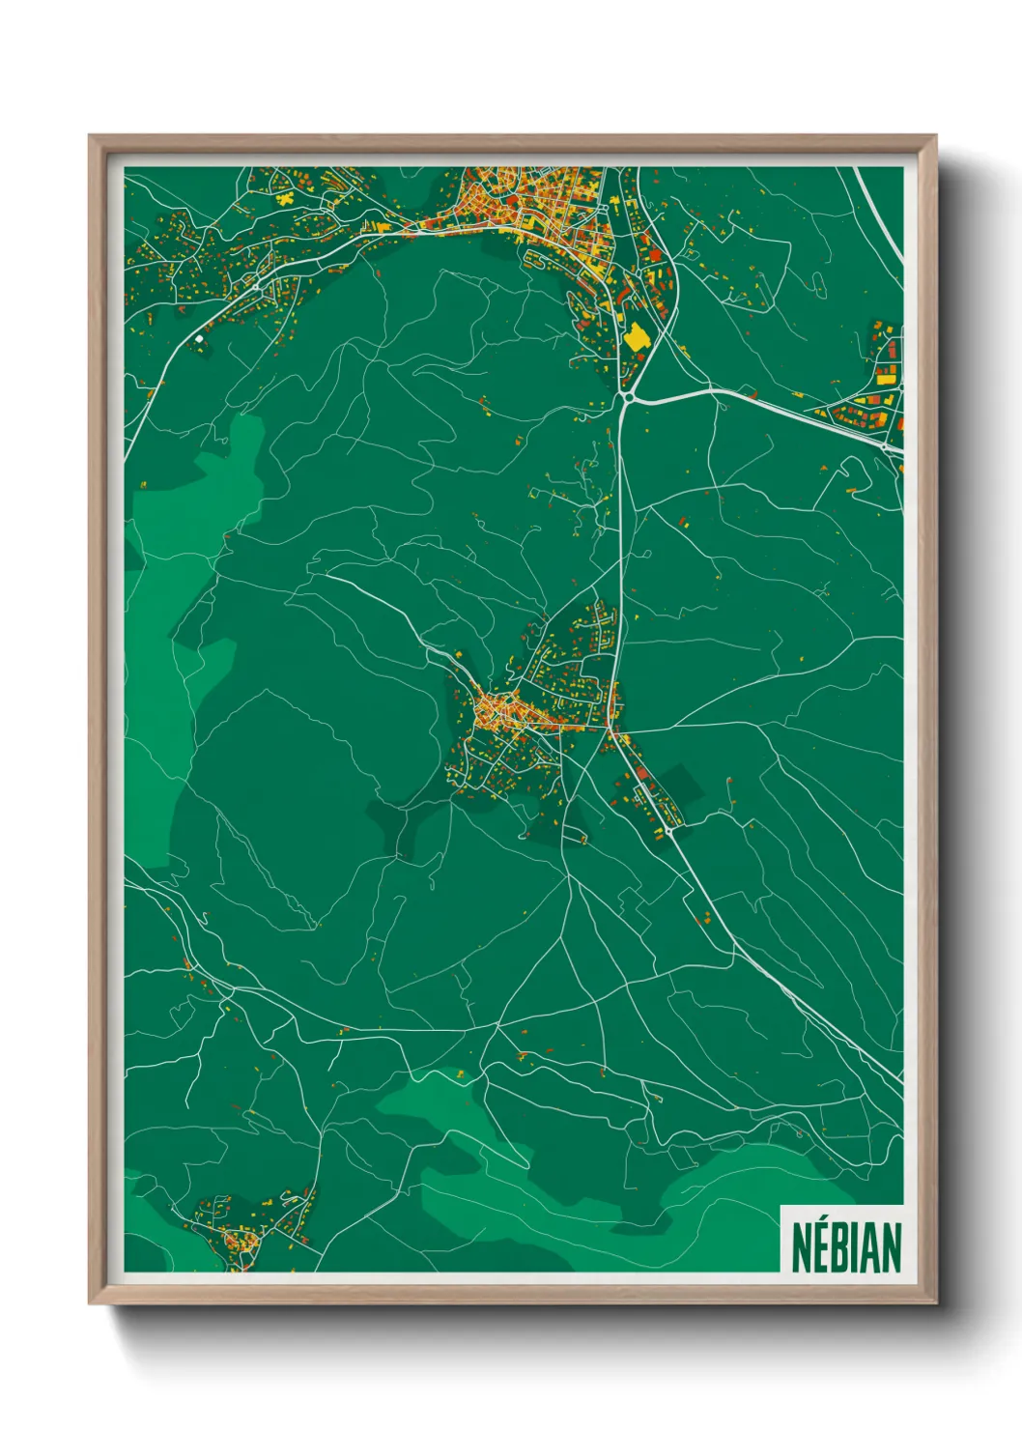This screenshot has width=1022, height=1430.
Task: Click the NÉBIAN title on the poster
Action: point(846,1247)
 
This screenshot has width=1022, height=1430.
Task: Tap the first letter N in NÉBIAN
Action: point(802,1247)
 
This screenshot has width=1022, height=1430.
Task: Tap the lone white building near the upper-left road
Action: point(200,338)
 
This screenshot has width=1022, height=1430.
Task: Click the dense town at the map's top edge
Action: point(541,208)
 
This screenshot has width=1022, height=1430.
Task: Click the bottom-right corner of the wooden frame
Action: point(934,1302)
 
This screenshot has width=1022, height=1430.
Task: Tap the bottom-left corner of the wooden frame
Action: point(90,1302)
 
